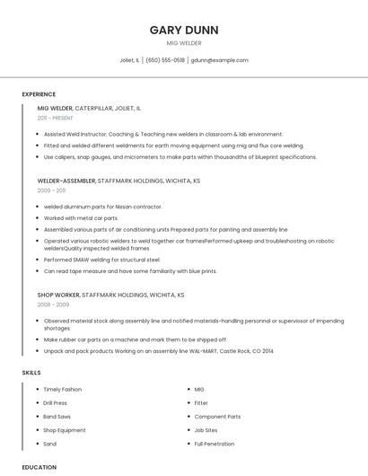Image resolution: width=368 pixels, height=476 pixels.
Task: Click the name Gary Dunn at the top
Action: [x=184, y=29]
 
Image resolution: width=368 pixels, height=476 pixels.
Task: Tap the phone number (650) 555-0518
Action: [x=165, y=60]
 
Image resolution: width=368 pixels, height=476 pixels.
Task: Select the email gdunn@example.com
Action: [x=220, y=60]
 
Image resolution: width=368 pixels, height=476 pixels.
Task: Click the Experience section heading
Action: [x=39, y=94]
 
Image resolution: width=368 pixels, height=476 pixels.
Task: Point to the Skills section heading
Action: [x=31, y=372]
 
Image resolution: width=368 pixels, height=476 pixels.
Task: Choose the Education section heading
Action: [x=39, y=467]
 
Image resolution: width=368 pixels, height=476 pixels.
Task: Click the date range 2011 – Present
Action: [x=55, y=118]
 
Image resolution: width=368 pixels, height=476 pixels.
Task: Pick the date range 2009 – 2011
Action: [x=51, y=190]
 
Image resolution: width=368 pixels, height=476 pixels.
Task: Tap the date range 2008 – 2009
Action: [x=52, y=304]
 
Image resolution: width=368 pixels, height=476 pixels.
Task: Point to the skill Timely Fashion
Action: [x=63, y=389]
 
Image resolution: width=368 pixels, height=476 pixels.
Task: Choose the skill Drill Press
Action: [x=56, y=403]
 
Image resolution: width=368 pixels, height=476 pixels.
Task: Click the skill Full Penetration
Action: [x=214, y=444]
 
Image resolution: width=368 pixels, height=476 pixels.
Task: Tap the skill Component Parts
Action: [x=217, y=417]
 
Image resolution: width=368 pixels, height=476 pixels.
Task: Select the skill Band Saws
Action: [x=57, y=417]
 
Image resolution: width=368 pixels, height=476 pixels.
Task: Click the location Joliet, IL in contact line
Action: [x=129, y=60]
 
